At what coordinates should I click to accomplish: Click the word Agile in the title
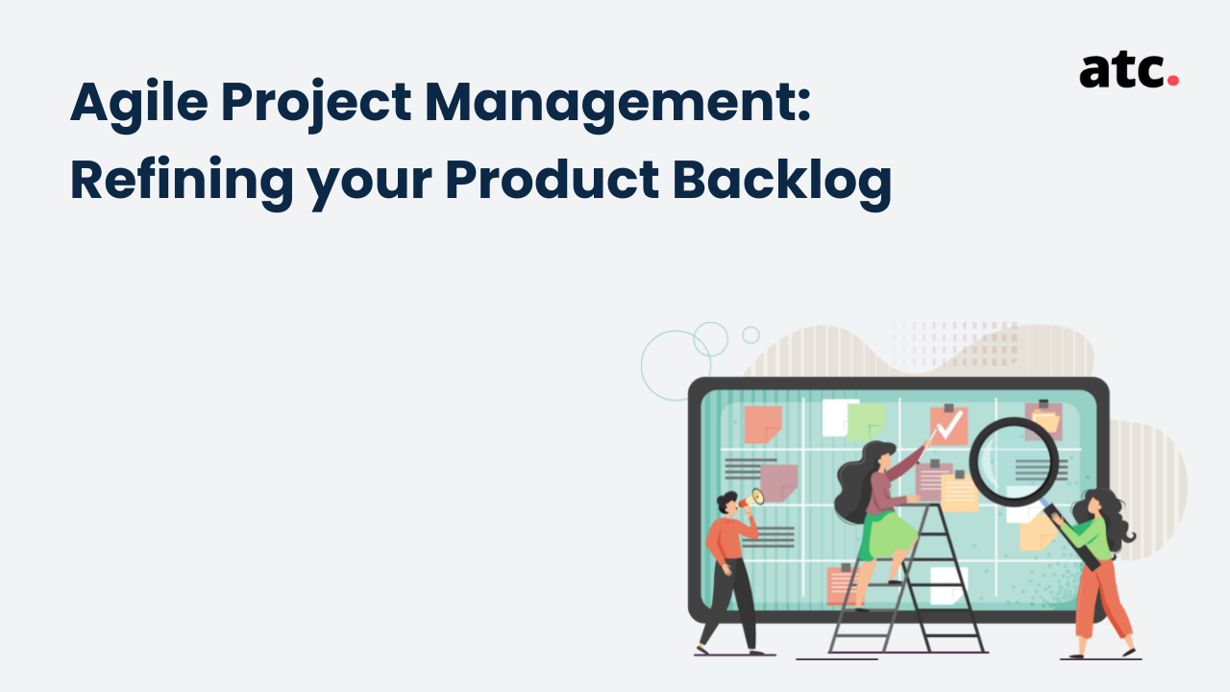pyautogui.click(x=139, y=105)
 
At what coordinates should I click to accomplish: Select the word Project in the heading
pyautogui.click(x=316, y=105)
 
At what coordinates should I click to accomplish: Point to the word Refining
pyautogui.click(x=182, y=183)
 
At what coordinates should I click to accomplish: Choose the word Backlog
pyautogui.click(x=782, y=183)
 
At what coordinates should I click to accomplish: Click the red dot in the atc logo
pyautogui.click(x=1173, y=80)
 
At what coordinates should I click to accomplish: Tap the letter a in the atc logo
pyautogui.click(x=1096, y=71)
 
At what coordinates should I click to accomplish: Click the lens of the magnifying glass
pyautogui.click(x=1014, y=461)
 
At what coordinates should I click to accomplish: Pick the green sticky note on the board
pyautogui.click(x=866, y=422)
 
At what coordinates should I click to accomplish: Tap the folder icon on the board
pyautogui.click(x=1045, y=422)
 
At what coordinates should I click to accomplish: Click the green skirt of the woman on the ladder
pyautogui.click(x=887, y=535)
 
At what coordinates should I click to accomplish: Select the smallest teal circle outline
pyautogui.click(x=750, y=335)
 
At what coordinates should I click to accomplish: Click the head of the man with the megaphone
pyautogui.click(x=728, y=503)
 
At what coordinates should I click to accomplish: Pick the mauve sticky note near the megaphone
pyautogui.click(x=778, y=482)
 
